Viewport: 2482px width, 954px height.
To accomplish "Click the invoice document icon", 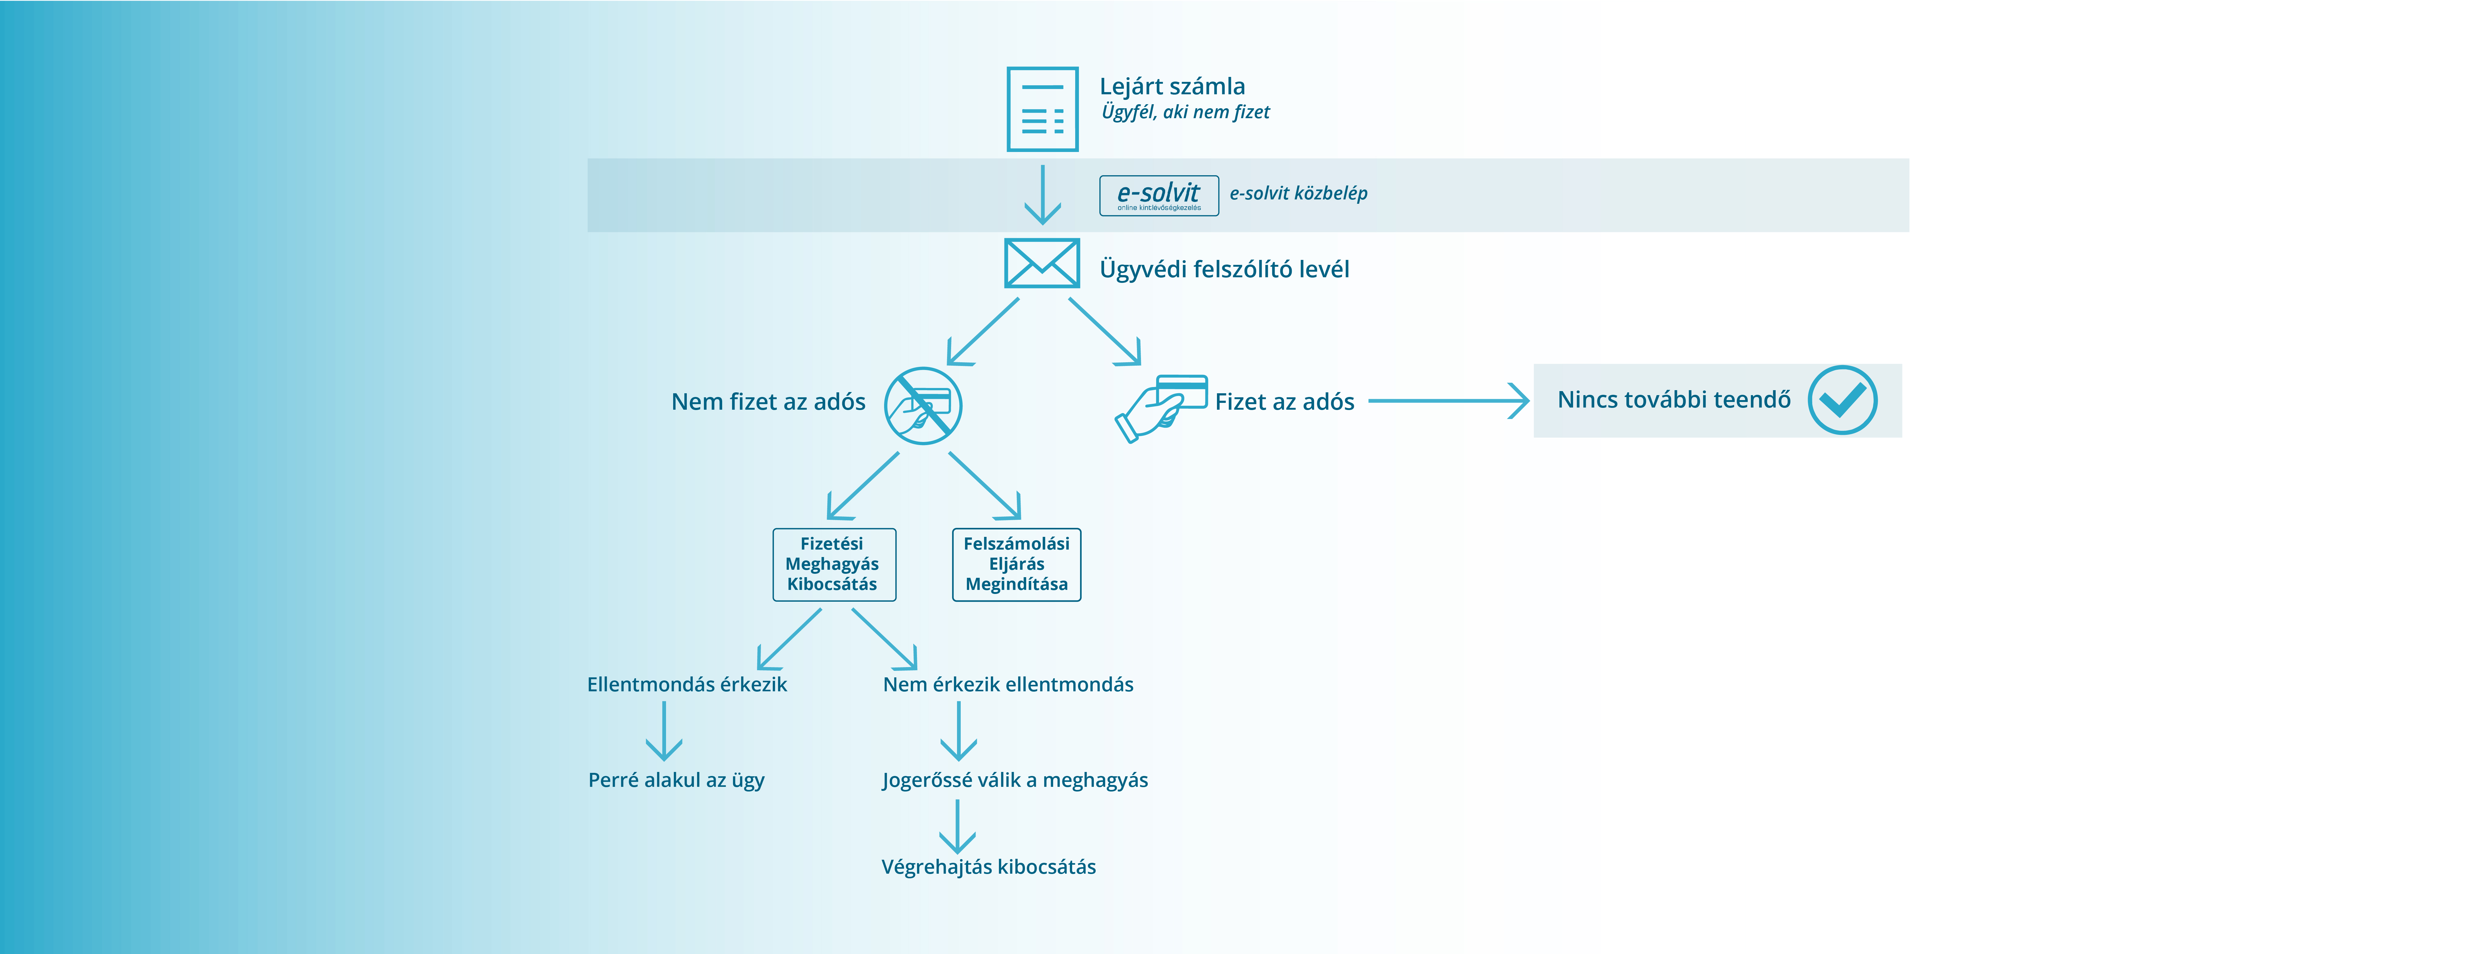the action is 1043,109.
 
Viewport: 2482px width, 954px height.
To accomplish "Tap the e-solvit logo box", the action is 1159,196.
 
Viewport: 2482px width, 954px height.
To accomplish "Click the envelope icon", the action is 1042,263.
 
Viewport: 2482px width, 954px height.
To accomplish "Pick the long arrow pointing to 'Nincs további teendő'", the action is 1448,401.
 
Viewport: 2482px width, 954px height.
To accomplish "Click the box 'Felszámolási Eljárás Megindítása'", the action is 1017,565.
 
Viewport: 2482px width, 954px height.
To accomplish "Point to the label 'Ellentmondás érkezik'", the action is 687,684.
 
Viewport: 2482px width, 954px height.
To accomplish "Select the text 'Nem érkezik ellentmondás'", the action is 1008,684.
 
